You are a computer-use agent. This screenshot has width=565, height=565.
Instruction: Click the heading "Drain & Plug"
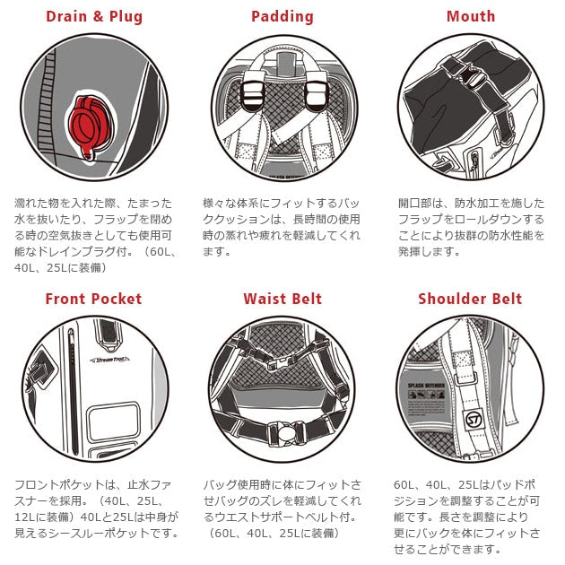point(94,16)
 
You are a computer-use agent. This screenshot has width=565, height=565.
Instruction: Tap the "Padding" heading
point(282,16)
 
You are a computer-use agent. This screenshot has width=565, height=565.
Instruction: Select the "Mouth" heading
point(471,16)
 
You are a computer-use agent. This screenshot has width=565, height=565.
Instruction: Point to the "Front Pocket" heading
point(93,299)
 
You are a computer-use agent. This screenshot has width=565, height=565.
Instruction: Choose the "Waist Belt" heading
point(282,299)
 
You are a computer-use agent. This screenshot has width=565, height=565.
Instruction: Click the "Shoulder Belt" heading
point(470,299)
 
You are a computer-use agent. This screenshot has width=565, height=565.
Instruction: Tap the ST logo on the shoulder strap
point(473,419)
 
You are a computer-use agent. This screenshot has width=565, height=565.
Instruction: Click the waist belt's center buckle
point(285,432)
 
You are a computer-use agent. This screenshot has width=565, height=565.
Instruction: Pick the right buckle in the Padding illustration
point(316,91)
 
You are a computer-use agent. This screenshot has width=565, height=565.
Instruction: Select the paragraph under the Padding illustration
point(282,227)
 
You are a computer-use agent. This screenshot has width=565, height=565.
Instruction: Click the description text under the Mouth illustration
point(471,227)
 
